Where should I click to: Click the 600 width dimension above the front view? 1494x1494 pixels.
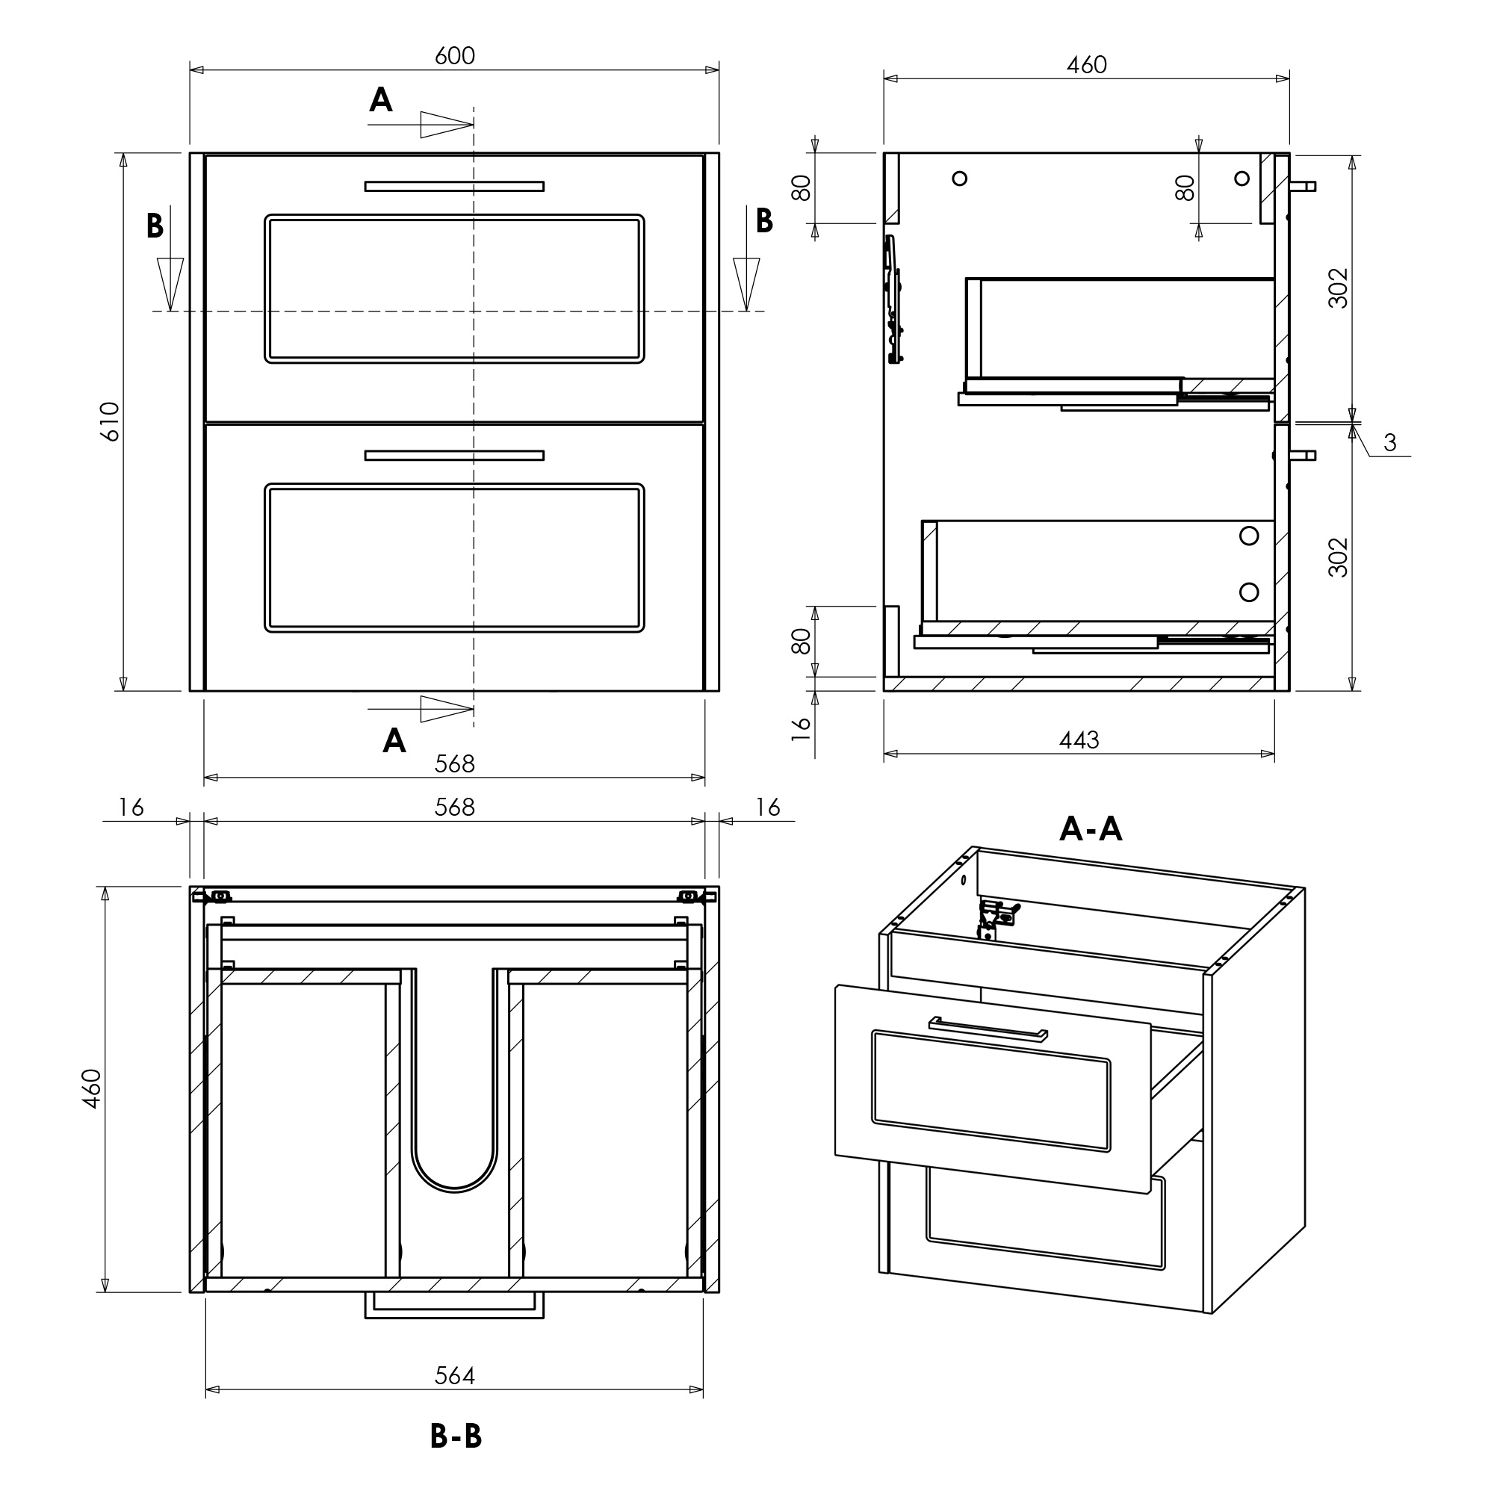pos(455,56)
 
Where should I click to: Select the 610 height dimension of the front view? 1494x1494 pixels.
pos(111,421)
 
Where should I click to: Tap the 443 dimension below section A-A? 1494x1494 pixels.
pos(1079,740)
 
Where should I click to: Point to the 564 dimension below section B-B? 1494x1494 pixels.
pos(455,1376)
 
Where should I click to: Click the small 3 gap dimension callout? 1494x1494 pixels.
pos(1390,442)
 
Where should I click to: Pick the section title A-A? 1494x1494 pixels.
pos(1091,828)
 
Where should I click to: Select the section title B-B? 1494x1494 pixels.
pos(456,1436)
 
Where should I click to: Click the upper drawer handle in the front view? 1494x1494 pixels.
pos(455,186)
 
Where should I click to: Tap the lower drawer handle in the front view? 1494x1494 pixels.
pos(455,456)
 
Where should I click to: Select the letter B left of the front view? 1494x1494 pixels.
pos(155,225)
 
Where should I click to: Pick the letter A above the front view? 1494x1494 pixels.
pos(380,100)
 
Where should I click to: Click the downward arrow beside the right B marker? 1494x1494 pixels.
pos(746,283)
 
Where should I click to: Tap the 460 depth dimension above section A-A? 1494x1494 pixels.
pos(1086,65)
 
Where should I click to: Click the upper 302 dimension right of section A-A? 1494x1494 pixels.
pos(1338,288)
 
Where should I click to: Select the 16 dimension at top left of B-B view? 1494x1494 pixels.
pos(131,808)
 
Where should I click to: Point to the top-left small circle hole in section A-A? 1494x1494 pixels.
pos(960,179)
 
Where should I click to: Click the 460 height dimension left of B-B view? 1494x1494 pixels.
pos(91,1090)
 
